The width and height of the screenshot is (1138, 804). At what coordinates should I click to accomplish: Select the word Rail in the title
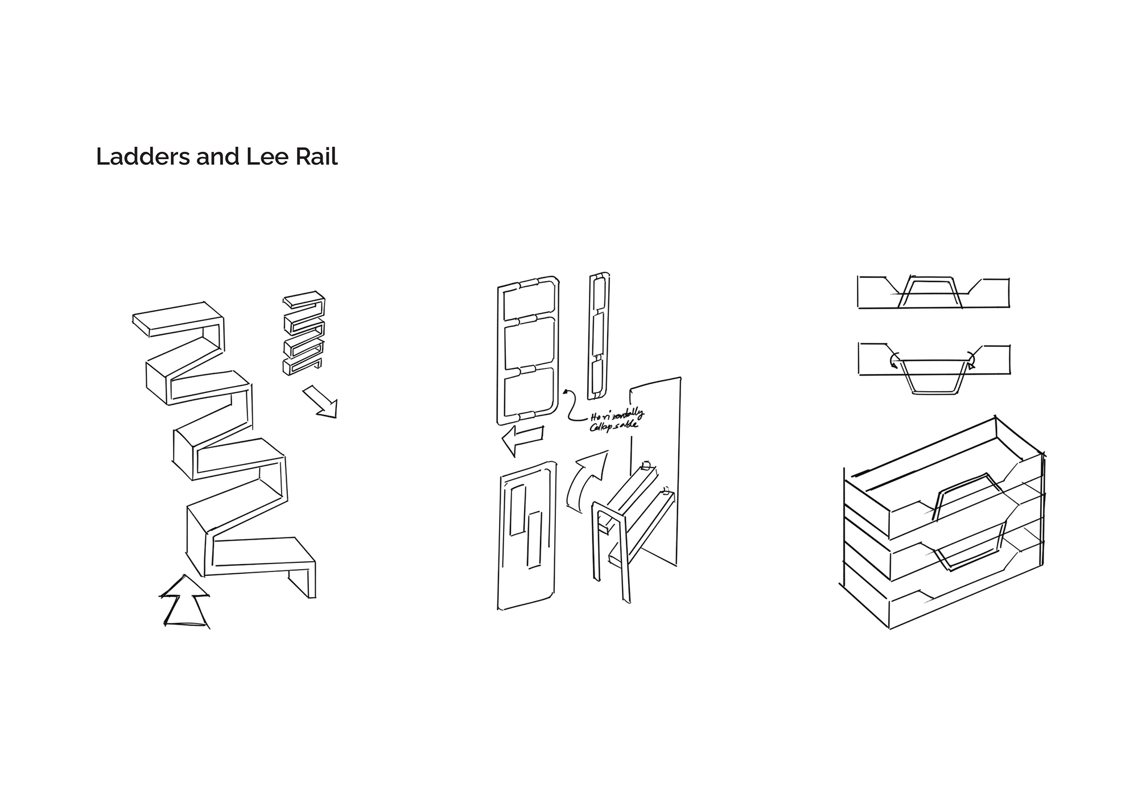coord(316,156)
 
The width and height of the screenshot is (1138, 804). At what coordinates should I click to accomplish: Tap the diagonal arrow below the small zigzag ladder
coord(321,401)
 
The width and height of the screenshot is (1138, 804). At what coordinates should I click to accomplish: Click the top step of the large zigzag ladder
coord(178,320)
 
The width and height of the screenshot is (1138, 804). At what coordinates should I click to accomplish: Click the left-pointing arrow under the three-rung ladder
coord(522,440)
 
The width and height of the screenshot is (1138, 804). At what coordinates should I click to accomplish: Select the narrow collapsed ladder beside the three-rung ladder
coord(598,335)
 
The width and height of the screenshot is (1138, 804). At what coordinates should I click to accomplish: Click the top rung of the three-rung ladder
coord(528,283)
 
